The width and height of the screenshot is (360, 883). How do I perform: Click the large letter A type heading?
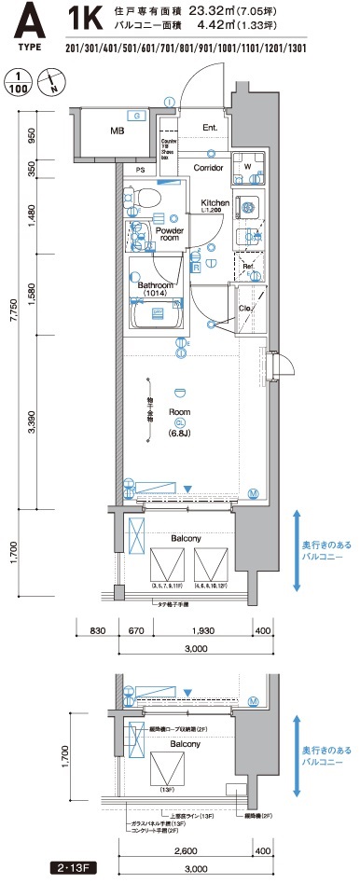(29, 21)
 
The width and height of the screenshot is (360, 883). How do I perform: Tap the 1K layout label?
(87, 17)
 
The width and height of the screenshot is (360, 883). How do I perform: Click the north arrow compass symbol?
(50, 82)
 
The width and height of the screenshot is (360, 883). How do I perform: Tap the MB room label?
(117, 131)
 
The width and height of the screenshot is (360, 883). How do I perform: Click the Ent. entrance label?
(210, 128)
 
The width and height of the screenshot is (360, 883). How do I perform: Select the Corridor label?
(208, 168)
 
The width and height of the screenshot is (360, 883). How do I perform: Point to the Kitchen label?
(215, 202)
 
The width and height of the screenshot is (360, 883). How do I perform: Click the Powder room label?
(169, 233)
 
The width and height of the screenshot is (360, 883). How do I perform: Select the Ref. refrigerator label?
(248, 266)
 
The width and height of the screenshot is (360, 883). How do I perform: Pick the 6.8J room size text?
(179, 433)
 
